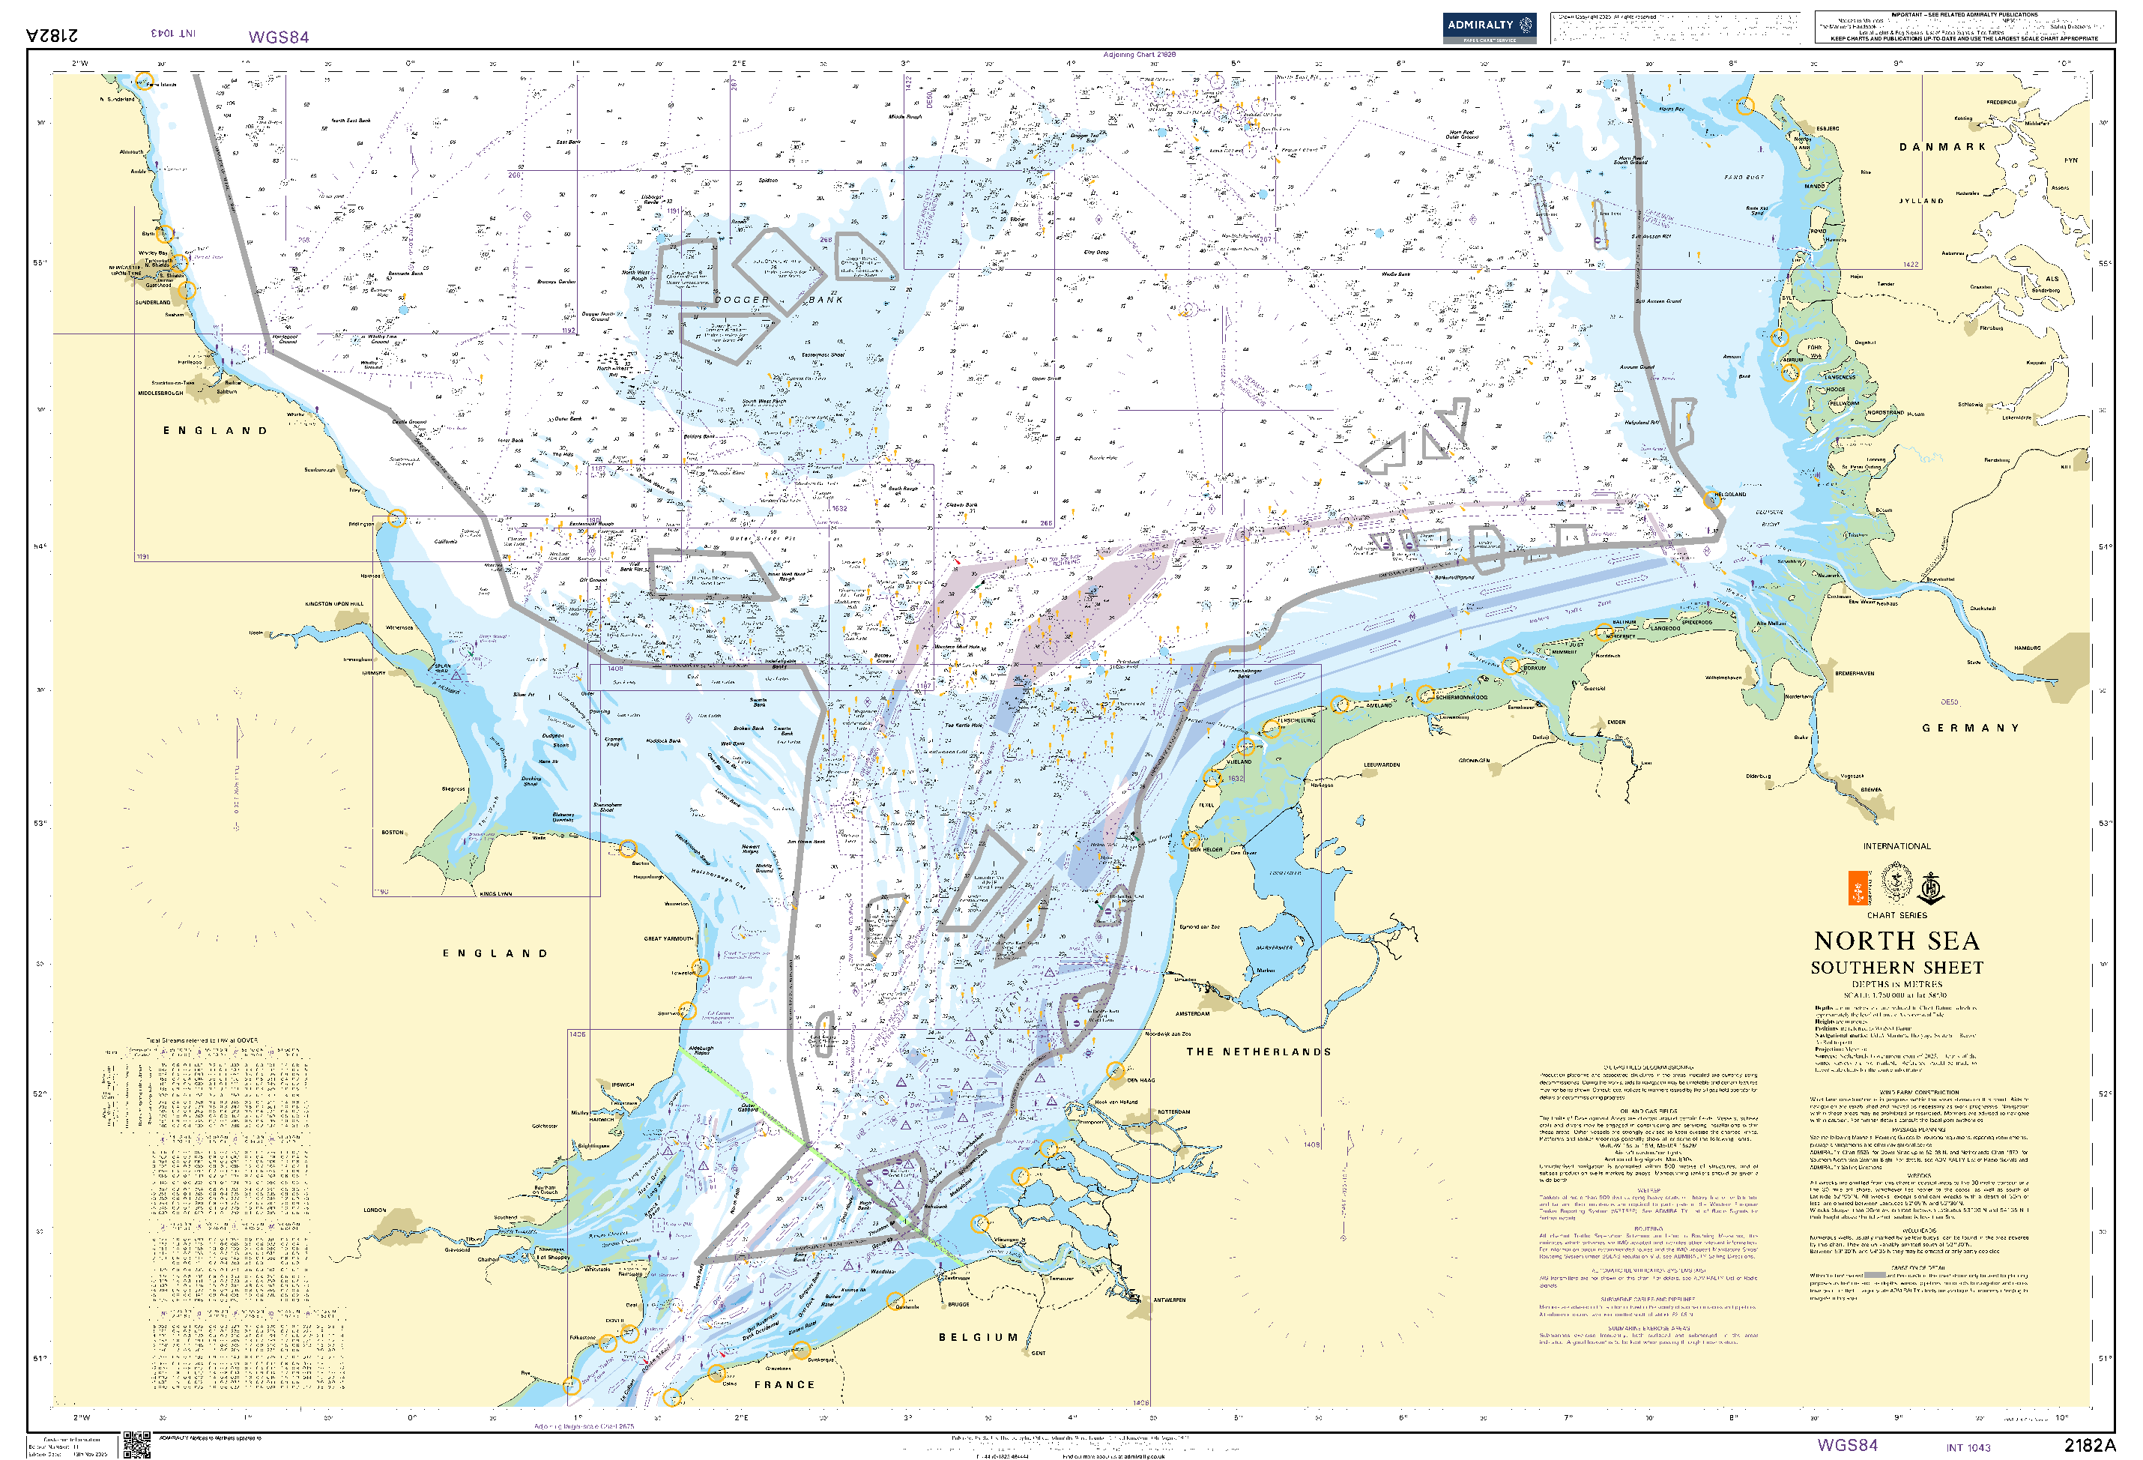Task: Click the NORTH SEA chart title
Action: pos(1896,941)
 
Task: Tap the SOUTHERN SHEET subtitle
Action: pos(1896,968)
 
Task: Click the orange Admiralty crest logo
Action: pos(1858,887)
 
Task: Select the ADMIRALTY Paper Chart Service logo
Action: pos(1488,28)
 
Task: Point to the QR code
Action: pos(136,1444)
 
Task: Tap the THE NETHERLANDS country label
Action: pos(1258,1052)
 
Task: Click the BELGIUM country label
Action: pos(979,1336)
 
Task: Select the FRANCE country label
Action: pos(785,1384)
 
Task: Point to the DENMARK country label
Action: pos(1942,147)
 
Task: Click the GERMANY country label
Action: pos(1970,728)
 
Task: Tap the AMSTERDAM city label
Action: pos(1192,1013)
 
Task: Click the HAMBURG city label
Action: pos(2027,648)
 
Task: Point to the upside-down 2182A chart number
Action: pos(52,35)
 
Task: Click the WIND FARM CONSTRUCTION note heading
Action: pos(1919,1092)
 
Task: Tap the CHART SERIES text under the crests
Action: pos(1896,915)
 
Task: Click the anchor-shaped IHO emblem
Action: pos(1931,888)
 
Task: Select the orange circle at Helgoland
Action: pos(1711,501)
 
